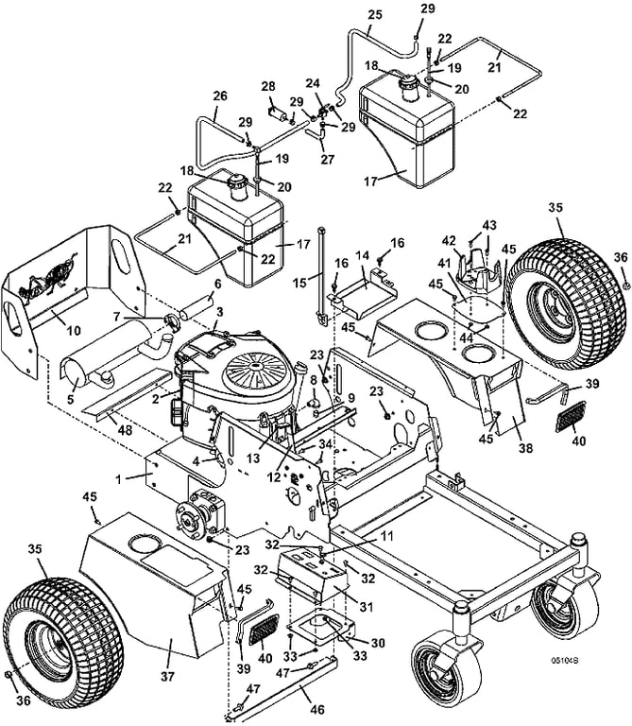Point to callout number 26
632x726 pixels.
(x=220, y=95)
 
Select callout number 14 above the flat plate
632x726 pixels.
(x=362, y=256)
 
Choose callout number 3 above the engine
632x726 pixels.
(x=219, y=311)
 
